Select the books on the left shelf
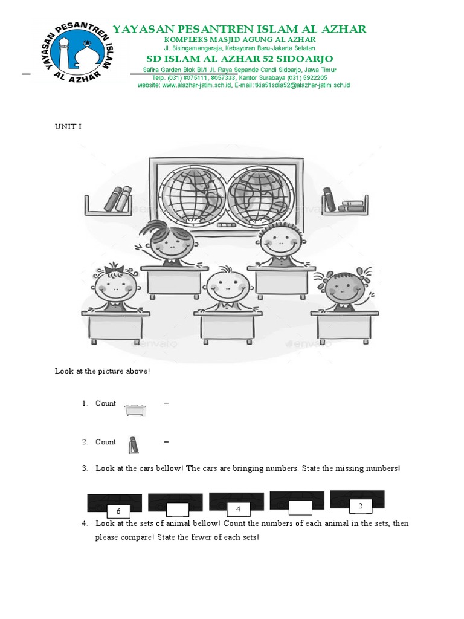click(x=118, y=199)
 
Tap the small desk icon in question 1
click(x=135, y=410)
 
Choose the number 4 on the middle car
click(x=239, y=508)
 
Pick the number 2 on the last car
click(x=360, y=505)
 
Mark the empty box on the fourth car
click(x=300, y=508)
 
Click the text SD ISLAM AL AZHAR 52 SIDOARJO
click(x=239, y=59)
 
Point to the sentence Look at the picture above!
click(x=102, y=371)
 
